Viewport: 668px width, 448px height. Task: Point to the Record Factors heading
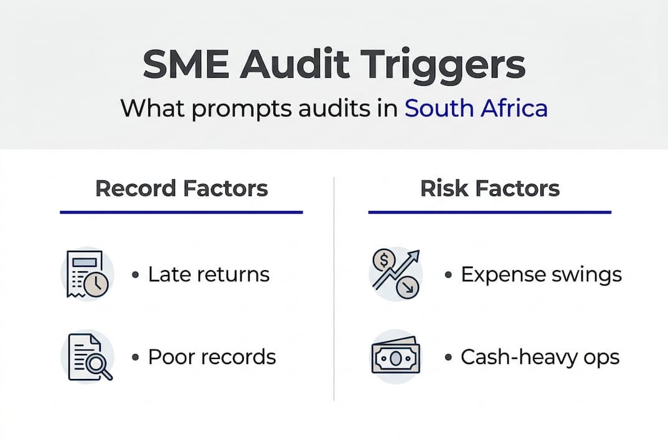181,188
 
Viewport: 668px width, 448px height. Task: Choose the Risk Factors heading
490,188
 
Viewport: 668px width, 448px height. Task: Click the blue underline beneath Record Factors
181,212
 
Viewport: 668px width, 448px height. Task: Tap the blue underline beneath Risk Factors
490,212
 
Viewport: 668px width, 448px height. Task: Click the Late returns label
209,274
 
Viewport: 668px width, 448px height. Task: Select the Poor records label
212,357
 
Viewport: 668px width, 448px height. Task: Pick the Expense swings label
541,274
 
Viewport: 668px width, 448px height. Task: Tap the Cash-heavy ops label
540,357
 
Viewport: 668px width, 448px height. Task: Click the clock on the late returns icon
96,284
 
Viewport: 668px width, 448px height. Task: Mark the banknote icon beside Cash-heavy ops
395,357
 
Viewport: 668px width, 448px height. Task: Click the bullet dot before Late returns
135,275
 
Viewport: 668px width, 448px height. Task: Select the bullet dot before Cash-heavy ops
448,358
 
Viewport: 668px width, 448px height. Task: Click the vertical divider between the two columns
334,286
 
